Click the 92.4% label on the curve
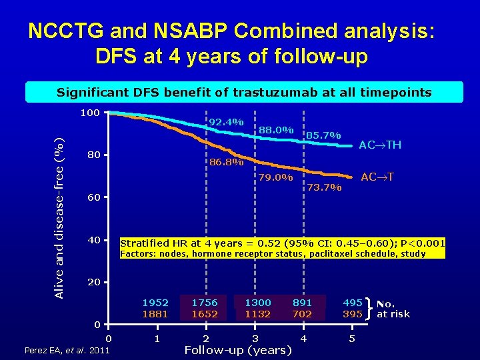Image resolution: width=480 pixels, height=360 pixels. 226,123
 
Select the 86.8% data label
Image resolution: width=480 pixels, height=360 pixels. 227,162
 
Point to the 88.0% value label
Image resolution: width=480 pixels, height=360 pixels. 276,129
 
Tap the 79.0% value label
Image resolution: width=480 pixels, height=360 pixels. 275,178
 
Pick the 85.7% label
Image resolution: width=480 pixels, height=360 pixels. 323,136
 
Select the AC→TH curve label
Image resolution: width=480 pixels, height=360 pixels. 380,145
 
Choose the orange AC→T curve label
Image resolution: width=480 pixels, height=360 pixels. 377,177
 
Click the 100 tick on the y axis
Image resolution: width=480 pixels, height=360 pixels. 90,113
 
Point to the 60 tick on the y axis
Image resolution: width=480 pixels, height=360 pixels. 93,199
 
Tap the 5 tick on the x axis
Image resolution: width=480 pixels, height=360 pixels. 353,339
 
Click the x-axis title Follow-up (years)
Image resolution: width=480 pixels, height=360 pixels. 238,350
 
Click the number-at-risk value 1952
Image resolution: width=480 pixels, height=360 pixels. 155,302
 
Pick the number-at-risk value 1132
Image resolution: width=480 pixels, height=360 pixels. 257,314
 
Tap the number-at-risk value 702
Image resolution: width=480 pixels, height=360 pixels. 302,314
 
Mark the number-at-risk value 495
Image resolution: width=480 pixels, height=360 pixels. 353,302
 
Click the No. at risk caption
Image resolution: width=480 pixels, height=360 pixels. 393,308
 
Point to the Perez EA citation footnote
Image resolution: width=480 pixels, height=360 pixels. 67,351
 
